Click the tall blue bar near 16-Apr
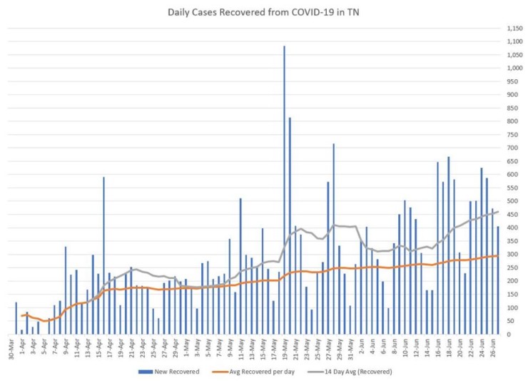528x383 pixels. (104, 256)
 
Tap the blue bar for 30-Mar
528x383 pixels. (16, 318)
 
